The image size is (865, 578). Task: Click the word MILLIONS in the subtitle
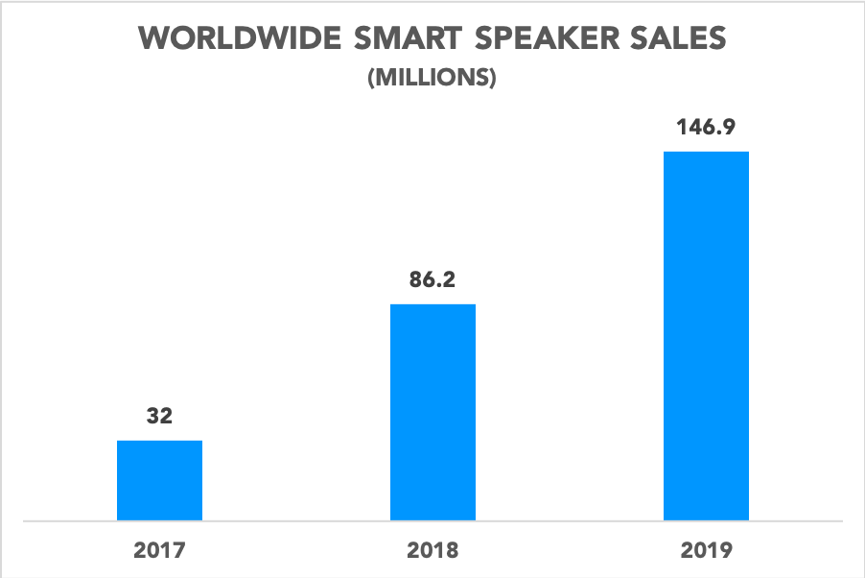tap(432, 79)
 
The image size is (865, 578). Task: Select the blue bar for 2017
tap(159, 480)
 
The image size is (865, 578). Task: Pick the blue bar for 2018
tap(432, 413)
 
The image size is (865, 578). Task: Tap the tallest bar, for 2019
tap(706, 336)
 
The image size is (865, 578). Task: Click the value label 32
tap(159, 417)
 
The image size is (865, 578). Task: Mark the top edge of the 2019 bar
tap(706, 153)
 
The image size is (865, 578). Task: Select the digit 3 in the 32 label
tap(152, 417)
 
